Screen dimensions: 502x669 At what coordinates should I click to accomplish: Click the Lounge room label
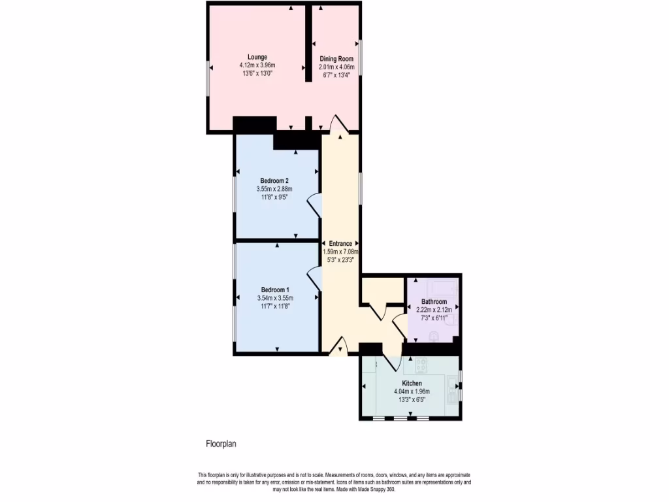coord(257,57)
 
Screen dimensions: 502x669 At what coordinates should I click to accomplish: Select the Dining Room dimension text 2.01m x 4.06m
coord(336,67)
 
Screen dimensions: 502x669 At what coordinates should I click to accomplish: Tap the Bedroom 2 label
coord(274,181)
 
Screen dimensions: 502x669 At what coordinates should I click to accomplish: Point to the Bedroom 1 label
coord(275,290)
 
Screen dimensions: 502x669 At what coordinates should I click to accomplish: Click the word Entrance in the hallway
coord(340,244)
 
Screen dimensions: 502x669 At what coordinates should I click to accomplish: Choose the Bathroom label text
coord(434,301)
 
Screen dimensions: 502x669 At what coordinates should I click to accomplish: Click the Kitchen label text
coord(412,383)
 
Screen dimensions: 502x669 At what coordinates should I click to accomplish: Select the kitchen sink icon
coord(452,391)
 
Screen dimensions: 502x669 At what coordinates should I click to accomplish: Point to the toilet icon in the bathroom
coord(434,334)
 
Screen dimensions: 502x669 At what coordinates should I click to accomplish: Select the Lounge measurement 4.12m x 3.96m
coord(257,65)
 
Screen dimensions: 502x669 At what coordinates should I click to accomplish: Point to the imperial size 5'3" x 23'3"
coord(340,259)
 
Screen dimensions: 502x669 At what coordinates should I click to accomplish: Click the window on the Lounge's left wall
coord(208,81)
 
